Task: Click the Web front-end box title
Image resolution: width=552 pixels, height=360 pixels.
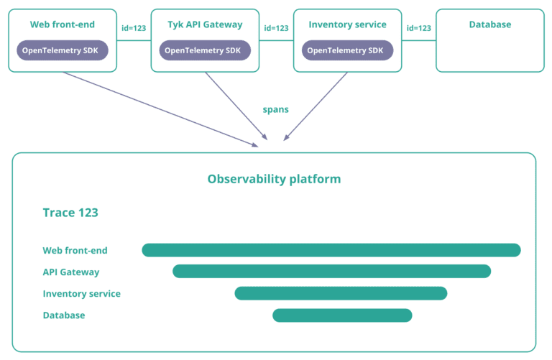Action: point(63,24)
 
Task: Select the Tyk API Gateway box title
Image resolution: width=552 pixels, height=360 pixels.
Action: point(205,24)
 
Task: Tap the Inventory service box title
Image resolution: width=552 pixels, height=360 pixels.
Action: point(347,24)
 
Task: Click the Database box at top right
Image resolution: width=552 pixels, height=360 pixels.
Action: point(489,40)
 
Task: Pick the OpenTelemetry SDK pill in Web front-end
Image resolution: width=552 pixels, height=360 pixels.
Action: point(63,50)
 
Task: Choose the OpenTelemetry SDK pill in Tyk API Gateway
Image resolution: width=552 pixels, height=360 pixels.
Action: point(205,50)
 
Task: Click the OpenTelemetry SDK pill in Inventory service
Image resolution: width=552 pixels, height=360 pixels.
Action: point(347,50)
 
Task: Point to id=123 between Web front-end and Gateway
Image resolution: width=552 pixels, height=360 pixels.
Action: point(134,28)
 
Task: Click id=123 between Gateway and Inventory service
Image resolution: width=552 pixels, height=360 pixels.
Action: point(276,28)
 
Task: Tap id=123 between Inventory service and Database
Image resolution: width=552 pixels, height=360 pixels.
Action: point(418,28)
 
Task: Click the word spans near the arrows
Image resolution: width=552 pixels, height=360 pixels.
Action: point(276,110)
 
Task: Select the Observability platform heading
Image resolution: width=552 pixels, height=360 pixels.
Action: point(274,179)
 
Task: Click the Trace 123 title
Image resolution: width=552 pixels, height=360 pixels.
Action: point(70,213)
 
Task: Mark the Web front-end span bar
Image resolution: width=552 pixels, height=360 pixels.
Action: point(331,250)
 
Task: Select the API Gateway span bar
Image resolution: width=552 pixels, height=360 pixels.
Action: point(331,271)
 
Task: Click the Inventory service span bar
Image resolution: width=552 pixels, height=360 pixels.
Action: point(341,293)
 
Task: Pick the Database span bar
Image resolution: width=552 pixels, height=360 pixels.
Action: point(342,315)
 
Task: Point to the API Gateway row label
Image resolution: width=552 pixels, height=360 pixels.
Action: point(71,272)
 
